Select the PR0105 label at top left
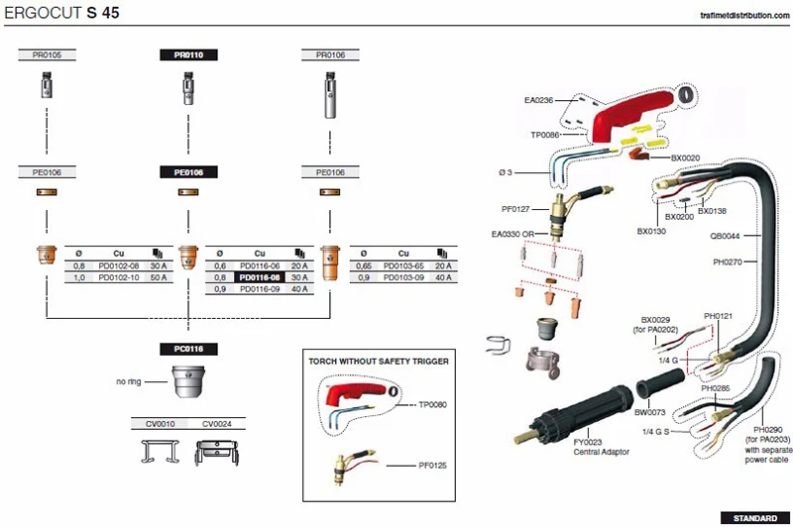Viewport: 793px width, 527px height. (47, 55)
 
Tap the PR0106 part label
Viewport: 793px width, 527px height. (330, 55)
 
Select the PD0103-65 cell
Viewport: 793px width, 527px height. (405, 266)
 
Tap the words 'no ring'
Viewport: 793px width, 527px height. (130, 380)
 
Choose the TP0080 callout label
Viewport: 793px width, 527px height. (433, 404)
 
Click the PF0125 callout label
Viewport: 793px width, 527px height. (433, 465)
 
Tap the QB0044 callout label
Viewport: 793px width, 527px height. (724, 236)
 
